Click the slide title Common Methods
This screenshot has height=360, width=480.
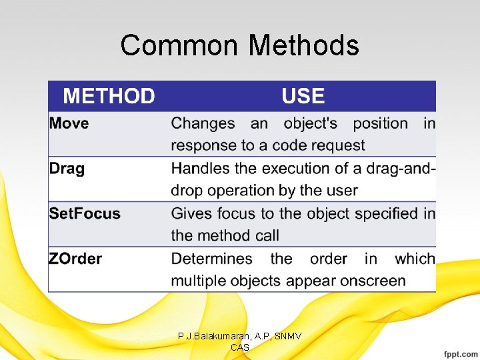tap(239, 45)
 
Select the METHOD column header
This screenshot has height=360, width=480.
tap(109, 97)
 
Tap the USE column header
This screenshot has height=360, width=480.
tap(303, 97)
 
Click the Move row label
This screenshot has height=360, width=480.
tap(69, 123)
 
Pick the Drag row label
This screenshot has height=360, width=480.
tap(67, 169)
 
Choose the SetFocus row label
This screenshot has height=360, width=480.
tap(85, 214)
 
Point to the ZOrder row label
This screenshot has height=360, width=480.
tap(75, 259)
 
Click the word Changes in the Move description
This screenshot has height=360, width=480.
tap(203, 123)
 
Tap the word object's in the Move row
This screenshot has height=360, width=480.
tap(311, 123)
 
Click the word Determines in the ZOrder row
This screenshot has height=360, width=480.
tap(211, 259)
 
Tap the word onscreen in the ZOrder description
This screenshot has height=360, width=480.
tap(373, 281)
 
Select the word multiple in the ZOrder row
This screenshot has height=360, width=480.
tap(199, 281)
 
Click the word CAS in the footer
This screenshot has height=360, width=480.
tap(239, 348)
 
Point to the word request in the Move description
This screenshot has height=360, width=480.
tap(340, 145)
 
